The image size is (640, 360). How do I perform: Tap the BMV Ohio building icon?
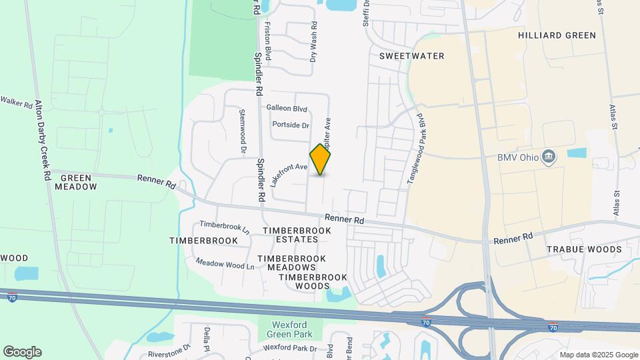click(x=549, y=157)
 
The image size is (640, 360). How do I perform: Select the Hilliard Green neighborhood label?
click(x=557, y=35)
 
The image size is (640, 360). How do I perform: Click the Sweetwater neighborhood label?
click(x=411, y=56)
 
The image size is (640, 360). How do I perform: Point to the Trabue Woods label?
click(x=584, y=249)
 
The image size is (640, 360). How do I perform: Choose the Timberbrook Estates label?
click(x=297, y=235)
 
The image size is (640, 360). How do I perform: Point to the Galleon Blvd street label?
click(x=287, y=108)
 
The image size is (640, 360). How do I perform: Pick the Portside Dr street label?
click(x=291, y=125)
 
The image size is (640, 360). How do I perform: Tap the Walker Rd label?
click(x=16, y=102)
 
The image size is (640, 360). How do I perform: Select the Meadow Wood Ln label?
click(x=225, y=265)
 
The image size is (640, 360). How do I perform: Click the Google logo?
click(x=22, y=352)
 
